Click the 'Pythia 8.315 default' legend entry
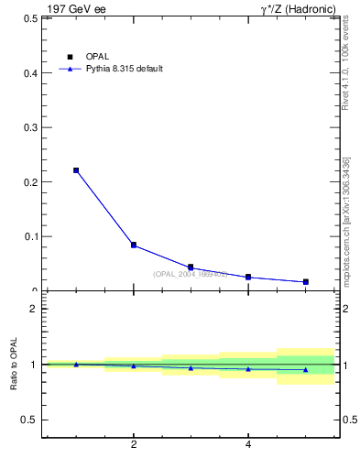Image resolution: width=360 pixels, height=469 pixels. [x=124, y=69]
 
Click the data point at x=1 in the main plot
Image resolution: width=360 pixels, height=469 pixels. [x=76, y=170]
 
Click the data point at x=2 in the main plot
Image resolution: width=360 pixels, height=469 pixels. [x=134, y=245]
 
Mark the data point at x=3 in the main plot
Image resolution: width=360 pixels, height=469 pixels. [x=191, y=267]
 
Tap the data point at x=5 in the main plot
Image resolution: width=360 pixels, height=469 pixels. [x=305, y=281]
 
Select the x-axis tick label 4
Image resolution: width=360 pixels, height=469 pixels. [x=248, y=446]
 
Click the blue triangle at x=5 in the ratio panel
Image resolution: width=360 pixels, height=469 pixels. [x=305, y=370]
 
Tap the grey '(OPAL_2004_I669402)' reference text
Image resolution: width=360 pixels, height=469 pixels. [x=190, y=274]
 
